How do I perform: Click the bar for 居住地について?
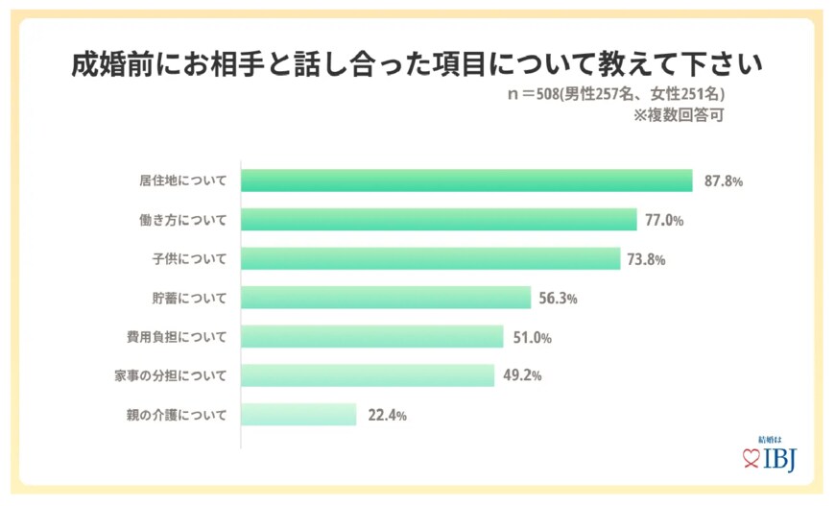(x=466, y=181)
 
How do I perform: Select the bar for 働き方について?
(x=439, y=220)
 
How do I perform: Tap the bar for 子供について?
(x=430, y=259)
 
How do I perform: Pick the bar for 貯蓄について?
(x=386, y=298)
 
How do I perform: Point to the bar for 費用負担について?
(x=372, y=337)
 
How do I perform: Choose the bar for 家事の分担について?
(x=368, y=375)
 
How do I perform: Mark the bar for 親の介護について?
(x=298, y=415)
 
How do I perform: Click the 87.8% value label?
(x=724, y=181)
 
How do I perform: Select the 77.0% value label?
(x=664, y=220)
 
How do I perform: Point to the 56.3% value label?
(x=558, y=299)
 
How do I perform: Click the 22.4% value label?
(x=387, y=416)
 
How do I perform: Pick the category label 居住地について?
(x=183, y=181)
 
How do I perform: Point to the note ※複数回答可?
(x=678, y=116)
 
